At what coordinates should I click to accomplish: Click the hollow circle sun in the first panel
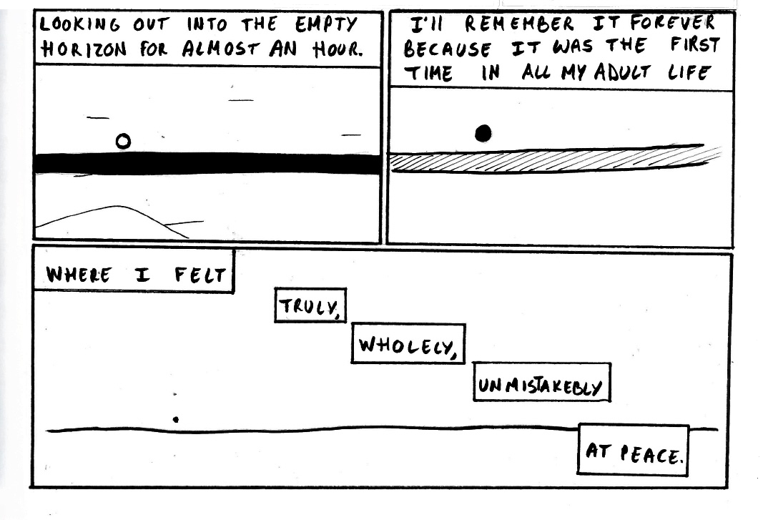[123, 142]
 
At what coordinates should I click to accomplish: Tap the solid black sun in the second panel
[483, 133]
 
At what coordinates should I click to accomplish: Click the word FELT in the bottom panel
[200, 274]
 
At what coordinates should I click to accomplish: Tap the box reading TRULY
[311, 306]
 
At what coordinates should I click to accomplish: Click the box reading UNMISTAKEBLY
[541, 387]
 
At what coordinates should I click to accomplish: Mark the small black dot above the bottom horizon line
[176, 420]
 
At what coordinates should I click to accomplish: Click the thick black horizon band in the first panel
[207, 164]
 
